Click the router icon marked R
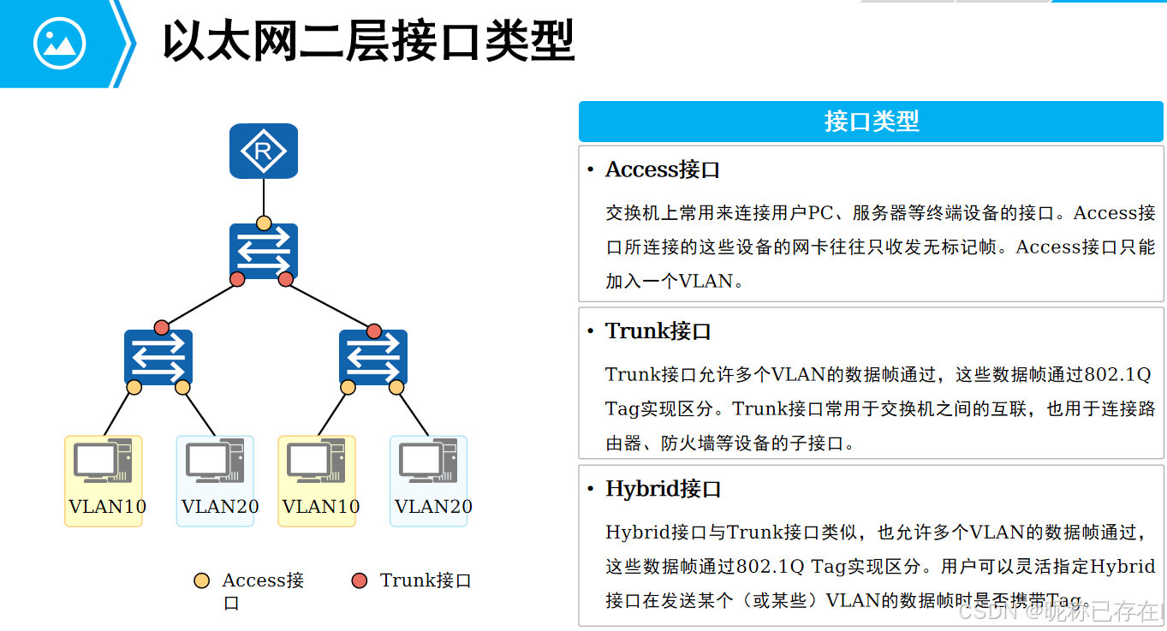point(264,152)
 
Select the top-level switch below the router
point(264,251)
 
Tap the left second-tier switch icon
point(158,357)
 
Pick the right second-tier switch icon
point(372,357)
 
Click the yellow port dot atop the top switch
point(264,223)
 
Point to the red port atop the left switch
point(162,327)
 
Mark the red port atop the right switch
point(374,330)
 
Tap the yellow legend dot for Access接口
point(202,581)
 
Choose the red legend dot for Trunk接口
point(360,581)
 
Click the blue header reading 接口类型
point(871,122)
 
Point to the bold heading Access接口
point(662,170)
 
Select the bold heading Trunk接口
point(658,331)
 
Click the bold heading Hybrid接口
point(663,489)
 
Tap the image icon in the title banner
point(59,44)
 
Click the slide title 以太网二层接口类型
point(368,41)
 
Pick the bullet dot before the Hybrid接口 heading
point(590,489)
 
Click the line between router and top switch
point(264,197)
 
